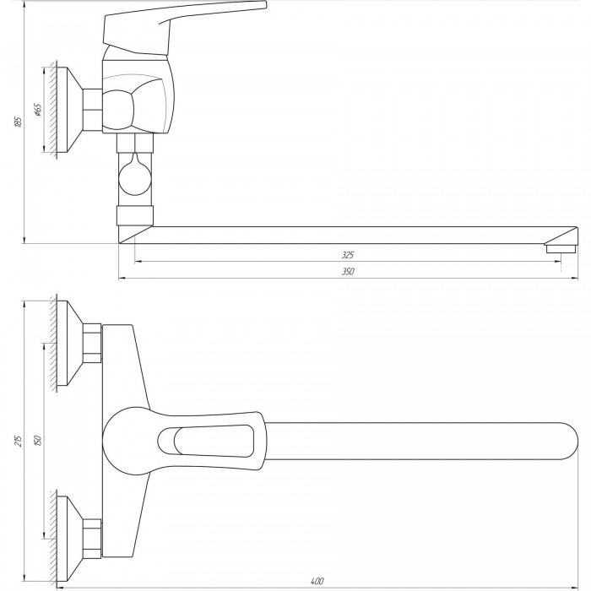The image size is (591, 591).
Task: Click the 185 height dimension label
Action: coord(18,122)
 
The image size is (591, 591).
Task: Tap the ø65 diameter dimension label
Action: coord(38,109)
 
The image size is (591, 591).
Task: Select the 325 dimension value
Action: coord(348,255)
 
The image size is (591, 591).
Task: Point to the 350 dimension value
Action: coord(348,271)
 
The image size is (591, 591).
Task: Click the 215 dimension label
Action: coord(18,440)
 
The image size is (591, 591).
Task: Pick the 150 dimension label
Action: coord(37,440)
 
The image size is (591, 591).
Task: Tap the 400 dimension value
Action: coord(317,582)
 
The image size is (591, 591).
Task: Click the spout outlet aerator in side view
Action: coord(560,248)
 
